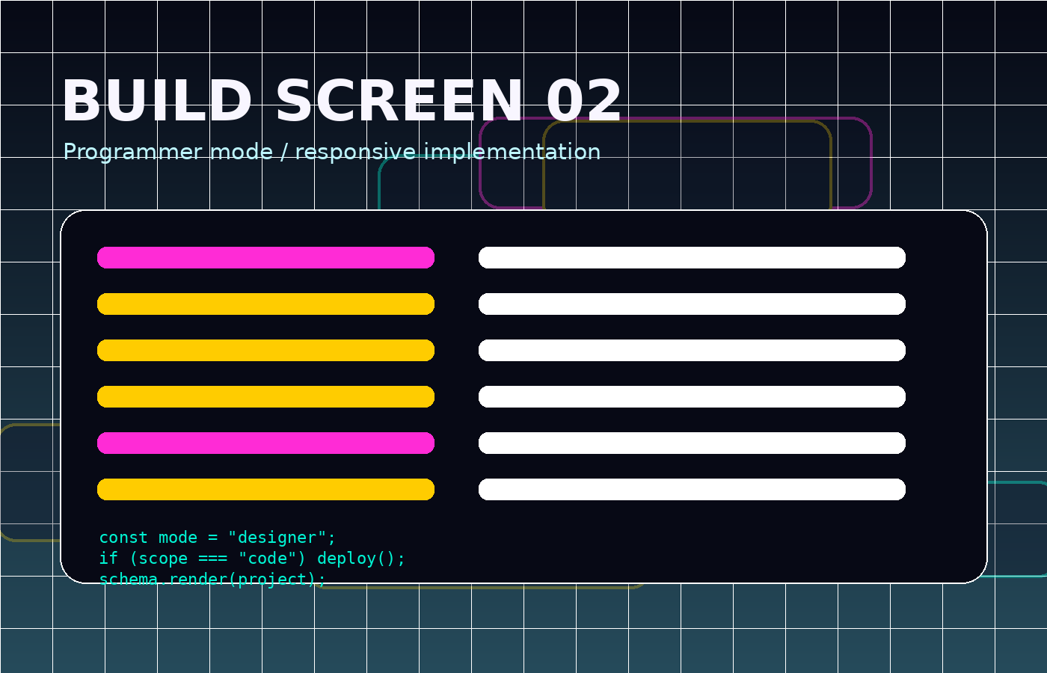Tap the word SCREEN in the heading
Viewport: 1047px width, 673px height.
[x=399, y=101]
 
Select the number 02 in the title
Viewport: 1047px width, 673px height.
[x=584, y=101]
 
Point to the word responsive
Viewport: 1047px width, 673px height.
[x=355, y=153]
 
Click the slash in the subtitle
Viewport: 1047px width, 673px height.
[x=283, y=153]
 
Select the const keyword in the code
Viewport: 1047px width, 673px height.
[x=123, y=538]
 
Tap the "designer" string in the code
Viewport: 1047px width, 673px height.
[x=277, y=538]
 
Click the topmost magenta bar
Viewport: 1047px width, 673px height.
[x=266, y=257]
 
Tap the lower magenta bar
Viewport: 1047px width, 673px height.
[x=266, y=443]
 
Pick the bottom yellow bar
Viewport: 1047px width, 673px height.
[x=266, y=489]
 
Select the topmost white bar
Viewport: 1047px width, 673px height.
[x=693, y=257]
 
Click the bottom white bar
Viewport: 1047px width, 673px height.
[x=693, y=489]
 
